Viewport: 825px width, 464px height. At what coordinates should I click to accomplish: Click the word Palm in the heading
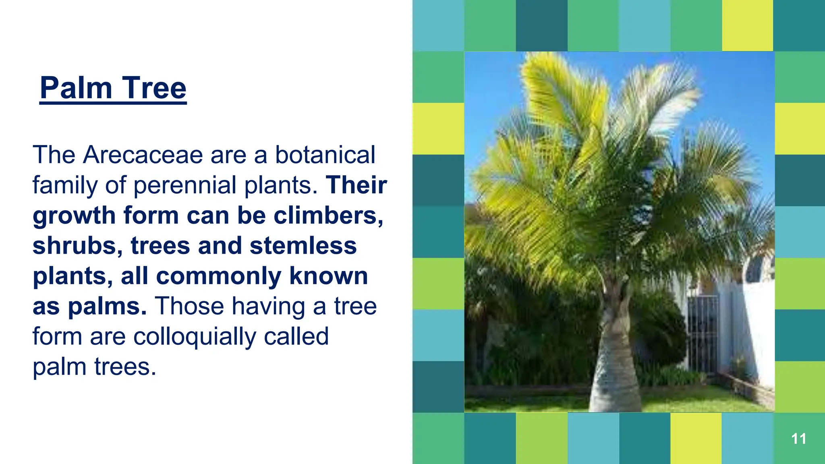76,88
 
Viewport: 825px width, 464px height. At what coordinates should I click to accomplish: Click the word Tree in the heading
154,88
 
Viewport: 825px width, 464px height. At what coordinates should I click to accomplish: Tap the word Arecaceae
143,155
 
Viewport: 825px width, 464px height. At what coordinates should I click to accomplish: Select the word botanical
325,155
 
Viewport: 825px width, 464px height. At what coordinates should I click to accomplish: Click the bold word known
328,276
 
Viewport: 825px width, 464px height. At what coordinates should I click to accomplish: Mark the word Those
189,306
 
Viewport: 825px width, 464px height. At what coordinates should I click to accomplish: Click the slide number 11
798,439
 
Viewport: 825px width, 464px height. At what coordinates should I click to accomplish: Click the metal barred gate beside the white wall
703,334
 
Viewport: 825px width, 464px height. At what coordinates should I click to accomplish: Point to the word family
65,185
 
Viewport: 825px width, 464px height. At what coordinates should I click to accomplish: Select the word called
296,337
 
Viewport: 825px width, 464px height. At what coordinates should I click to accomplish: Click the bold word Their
357,185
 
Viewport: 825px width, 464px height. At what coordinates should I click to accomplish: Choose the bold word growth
74,215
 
